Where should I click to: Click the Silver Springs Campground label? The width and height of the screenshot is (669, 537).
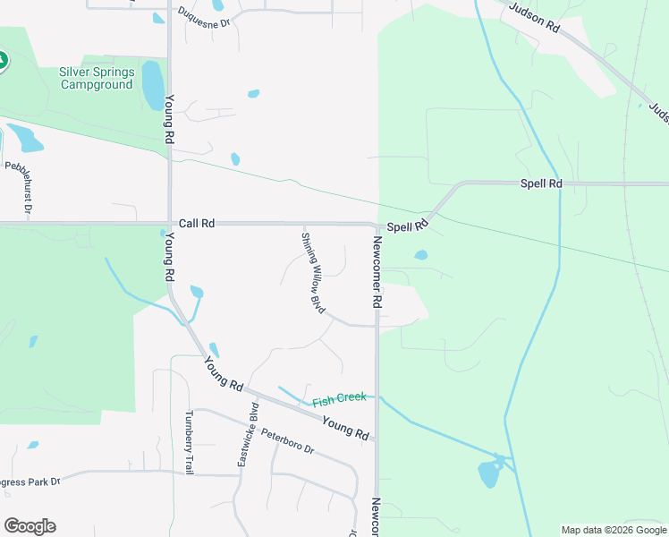click(97, 78)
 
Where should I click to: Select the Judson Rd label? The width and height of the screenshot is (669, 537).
click(534, 18)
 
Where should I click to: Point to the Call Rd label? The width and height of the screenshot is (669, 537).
click(196, 223)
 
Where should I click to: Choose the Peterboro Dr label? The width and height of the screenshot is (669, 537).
click(288, 441)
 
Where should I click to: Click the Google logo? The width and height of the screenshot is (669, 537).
click(30, 526)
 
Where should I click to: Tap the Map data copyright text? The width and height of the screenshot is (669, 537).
click(614, 530)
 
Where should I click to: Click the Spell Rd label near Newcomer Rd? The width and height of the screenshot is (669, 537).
click(408, 226)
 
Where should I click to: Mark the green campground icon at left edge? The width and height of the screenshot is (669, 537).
click(3, 61)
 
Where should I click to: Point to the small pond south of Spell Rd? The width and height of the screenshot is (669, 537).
click(420, 255)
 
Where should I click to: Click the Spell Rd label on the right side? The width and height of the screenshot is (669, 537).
click(542, 183)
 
